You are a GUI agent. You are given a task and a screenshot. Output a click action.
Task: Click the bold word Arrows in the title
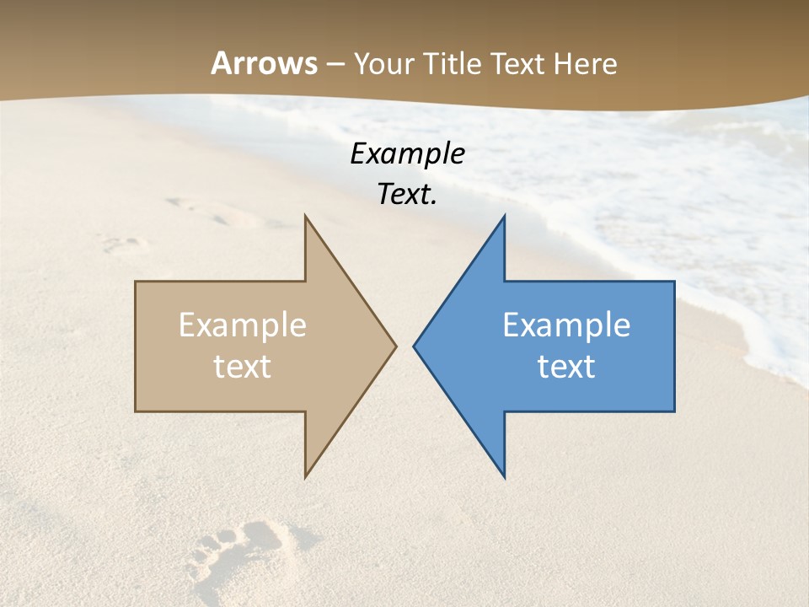265,63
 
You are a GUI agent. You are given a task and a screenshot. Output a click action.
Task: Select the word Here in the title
585,63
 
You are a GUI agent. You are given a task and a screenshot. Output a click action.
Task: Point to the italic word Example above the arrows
407,153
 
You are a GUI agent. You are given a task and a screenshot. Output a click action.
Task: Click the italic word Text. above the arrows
407,194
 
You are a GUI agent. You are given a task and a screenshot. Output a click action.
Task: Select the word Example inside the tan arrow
242,325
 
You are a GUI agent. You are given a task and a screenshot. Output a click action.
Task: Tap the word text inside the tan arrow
242,367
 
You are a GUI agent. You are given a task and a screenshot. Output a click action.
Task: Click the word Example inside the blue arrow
566,325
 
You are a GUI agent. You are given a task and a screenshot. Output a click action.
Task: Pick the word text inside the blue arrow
566,367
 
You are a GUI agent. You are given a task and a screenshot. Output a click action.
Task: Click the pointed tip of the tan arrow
395,345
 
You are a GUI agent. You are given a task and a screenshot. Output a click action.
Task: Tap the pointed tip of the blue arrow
414,345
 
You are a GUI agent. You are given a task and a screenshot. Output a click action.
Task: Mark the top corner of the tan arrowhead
305,216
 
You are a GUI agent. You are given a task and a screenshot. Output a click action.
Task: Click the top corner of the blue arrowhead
504,216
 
